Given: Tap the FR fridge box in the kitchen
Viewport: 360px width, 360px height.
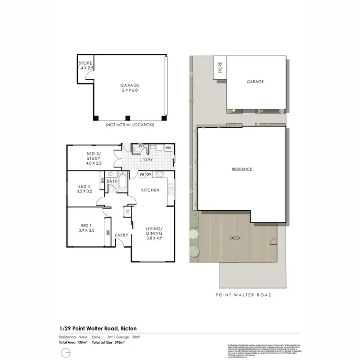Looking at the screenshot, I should (142, 174).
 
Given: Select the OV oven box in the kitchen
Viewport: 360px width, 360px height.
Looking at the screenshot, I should (149, 174).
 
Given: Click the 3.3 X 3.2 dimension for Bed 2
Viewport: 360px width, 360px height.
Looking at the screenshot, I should (84, 191).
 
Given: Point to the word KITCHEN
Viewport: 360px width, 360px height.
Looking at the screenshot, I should (150, 190).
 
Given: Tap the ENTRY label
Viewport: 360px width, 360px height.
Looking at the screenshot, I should (121, 235).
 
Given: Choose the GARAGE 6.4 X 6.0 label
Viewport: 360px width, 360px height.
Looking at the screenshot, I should (130, 87).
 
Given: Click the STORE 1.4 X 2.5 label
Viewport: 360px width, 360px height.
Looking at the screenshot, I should (85, 66).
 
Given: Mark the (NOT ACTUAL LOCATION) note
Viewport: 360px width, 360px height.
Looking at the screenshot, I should (130, 125).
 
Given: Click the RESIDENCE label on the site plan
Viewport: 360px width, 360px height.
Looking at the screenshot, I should (241, 169).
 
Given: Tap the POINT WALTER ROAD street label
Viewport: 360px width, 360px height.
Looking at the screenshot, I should (243, 295).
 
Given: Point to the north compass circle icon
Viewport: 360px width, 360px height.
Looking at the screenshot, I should (64, 353).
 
